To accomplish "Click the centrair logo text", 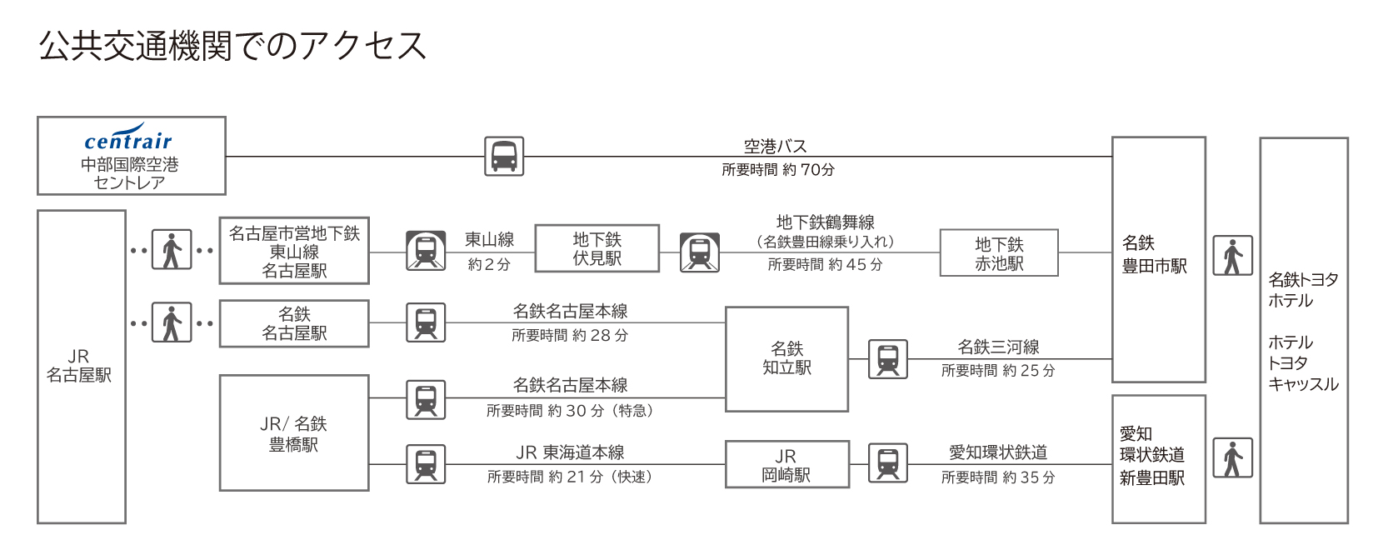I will click(x=128, y=140).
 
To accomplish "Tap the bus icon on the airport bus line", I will click(x=504, y=156).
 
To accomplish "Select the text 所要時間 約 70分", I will click(x=777, y=170).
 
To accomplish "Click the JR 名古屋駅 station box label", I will click(x=79, y=366).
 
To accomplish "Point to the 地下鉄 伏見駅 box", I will click(x=597, y=248).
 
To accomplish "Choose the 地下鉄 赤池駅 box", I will click(x=999, y=253).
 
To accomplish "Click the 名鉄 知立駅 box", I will click(x=786, y=358).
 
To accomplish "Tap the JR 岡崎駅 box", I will click(x=786, y=465).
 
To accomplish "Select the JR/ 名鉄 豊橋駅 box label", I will click(x=293, y=433).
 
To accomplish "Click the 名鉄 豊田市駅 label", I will click(x=1154, y=254).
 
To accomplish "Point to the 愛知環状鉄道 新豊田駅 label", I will click(x=1152, y=456).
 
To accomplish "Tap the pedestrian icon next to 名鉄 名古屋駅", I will click(x=172, y=322).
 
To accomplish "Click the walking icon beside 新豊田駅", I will click(x=1232, y=457).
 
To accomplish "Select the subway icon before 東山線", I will click(x=426, y=251).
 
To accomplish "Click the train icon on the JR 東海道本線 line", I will click(x=426, y=464).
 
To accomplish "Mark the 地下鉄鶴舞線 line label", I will click(x=825, y=222).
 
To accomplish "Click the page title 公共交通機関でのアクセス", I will click(x=232, y=46).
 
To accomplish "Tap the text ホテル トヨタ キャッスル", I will click(x=1302, y=363).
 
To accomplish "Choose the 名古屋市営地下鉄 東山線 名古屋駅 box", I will click(x=294, y=252).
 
